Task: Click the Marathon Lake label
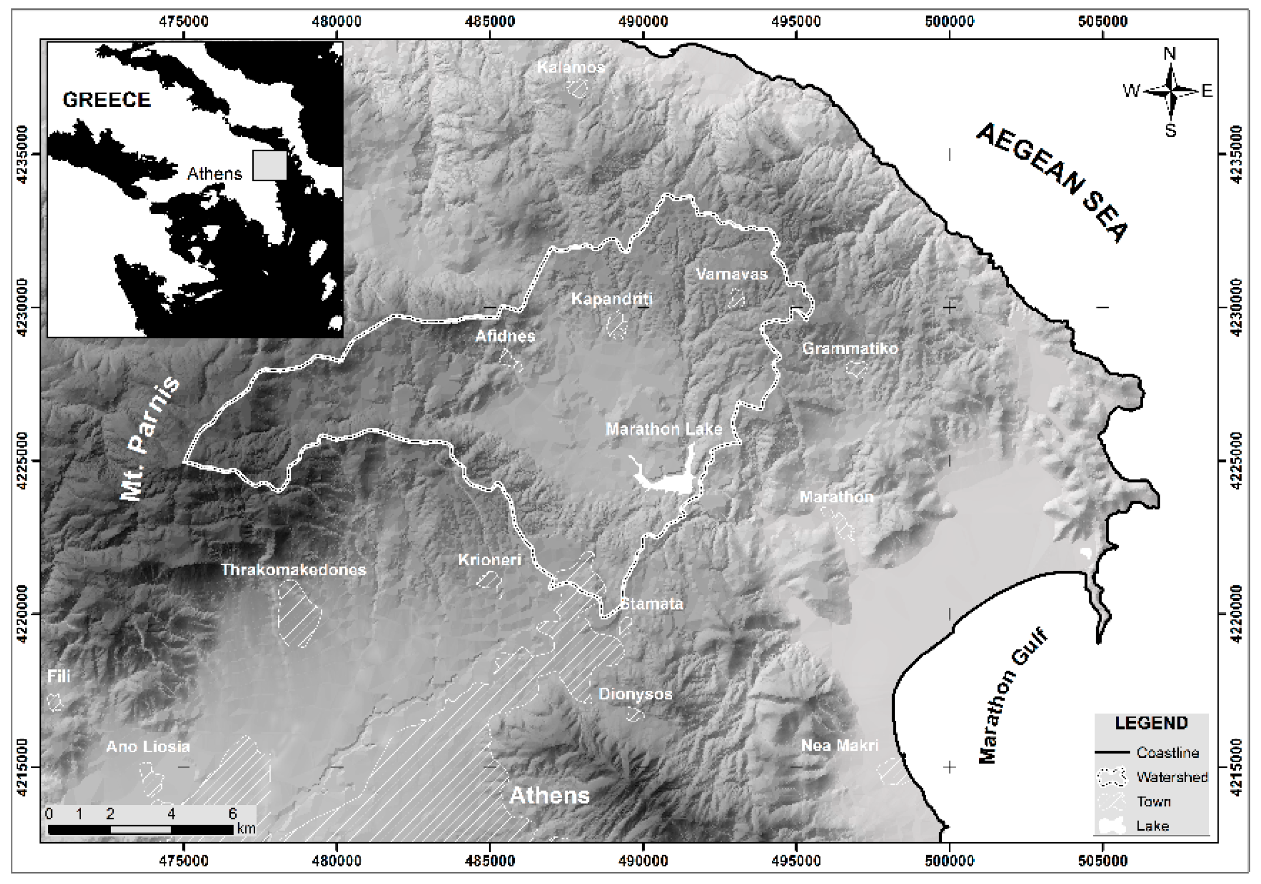pyautogui.click(x=663, y=429)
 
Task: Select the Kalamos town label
pyautogui.click(x=571, y=68)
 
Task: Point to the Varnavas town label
pyautogui.click(x=731, y=274)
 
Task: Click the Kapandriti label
pyautogui.click(x=612, y=299)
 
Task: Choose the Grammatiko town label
pyautogui.click(x=850, y=348)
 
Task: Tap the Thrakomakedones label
pyautogui.click(x=293, y=570)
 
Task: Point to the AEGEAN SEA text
pyautogui.click(x=1051, y=182)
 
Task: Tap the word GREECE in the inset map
pyautogui.click(x=106, y=100)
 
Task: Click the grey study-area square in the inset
pyautogui.click(x=269, y=165)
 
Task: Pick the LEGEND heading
pyautogui.click(x=1151, y=723)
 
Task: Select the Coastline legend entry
pyautogui.click(x=1167, y=752)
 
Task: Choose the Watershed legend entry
pyautogui.click(x=1172, y=777)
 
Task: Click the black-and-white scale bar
pyautogui.click(x=141, y=829)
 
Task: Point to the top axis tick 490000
pyautogui.click(x=643, y=22)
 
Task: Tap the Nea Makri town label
pyautogui.click(x=839, y=746)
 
